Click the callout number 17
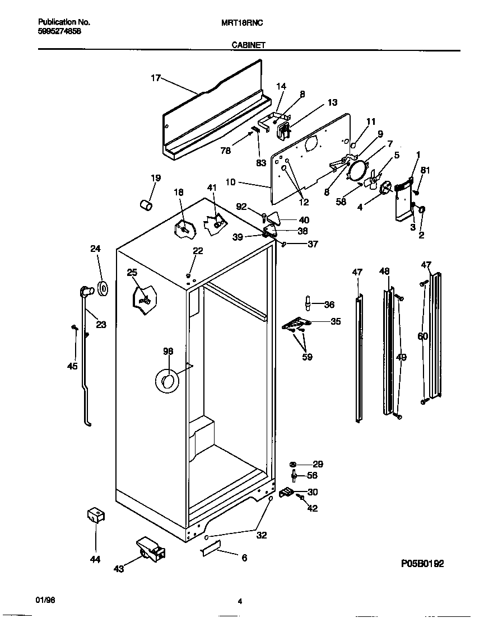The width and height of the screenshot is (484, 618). (156, 78)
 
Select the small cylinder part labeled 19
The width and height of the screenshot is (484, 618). (146, 205)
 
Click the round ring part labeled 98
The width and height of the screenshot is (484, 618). (166, 381)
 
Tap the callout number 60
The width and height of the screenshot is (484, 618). (422, 336)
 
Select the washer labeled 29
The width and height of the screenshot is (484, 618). (293, 464)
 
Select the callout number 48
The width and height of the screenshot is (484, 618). (384, 271)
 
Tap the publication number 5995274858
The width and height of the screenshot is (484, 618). (60, 32)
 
